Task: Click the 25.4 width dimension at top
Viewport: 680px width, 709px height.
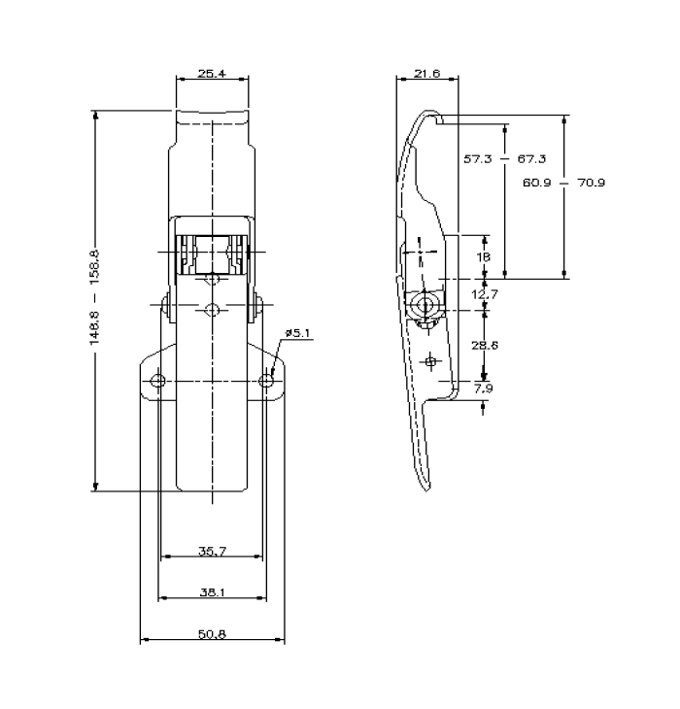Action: click(211, 73)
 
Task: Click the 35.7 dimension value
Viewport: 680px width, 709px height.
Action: click(212, 552)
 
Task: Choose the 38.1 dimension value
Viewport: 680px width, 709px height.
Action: click(212, 591)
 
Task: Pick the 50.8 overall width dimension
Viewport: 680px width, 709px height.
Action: click(212, 634)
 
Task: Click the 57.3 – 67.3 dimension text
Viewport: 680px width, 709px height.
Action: click(504, 159)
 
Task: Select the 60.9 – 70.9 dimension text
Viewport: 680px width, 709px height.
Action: click(562, 182)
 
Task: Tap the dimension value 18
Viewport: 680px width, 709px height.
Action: click(485, 257)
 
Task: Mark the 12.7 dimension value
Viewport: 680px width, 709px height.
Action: click(486, 293)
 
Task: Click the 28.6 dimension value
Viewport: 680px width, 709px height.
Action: click(486, 345)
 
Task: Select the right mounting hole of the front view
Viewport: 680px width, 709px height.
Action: click(266, 380)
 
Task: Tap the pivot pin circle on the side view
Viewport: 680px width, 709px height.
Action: click(425, 304)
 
